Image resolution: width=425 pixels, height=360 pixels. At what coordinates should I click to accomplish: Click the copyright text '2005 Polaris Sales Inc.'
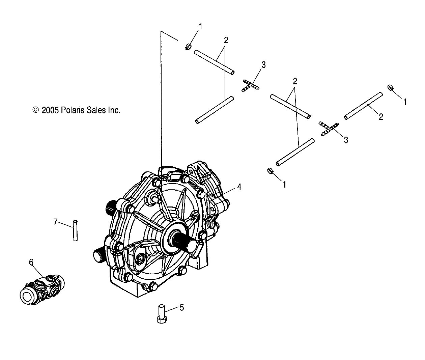tap(81, 110)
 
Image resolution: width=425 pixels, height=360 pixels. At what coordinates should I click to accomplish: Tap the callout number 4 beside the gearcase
tap(239, 187)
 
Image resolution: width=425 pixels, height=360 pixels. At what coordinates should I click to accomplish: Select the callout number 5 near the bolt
tap(181, 307)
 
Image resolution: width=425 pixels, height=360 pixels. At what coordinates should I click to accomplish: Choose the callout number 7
tap(55, 222)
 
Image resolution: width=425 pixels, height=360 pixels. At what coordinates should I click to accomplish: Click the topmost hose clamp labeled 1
tap(189, 47)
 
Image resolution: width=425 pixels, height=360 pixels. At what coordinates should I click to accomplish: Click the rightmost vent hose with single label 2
tap(363, 106)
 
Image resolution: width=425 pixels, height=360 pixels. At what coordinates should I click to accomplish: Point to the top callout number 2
tap(226, 40)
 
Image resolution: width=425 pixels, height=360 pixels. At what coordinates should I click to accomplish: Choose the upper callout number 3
tap(263, 65)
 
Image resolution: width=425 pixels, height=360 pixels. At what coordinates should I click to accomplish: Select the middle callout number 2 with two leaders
tap(295, 81)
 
